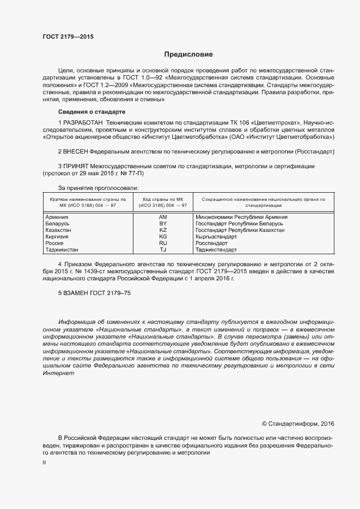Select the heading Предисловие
click(188, 54)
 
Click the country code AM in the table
click(163, 217)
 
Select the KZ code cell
click(163, 230)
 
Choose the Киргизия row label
click(57, 237)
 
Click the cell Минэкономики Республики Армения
click(241, 217)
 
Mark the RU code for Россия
click(163, 243)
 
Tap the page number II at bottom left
click(44, 462)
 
